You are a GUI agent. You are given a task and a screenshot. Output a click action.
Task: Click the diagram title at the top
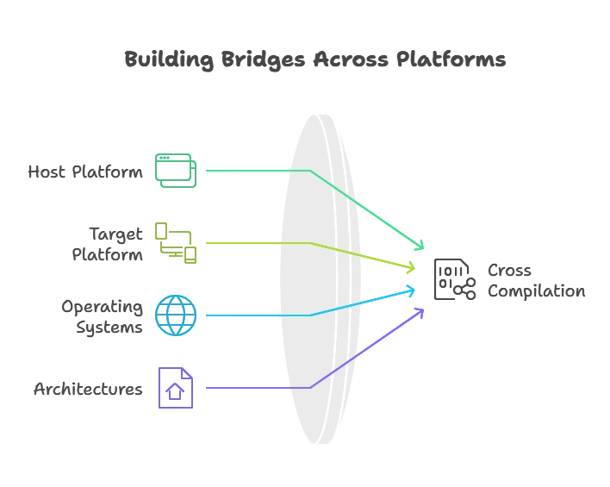(x=315, y=61)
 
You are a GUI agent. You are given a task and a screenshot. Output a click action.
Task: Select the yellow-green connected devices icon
(x=176, y=243)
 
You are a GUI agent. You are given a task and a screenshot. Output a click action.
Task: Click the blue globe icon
(x=176, y=315)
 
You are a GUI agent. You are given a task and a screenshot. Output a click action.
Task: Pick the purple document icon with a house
(x=176, y=389)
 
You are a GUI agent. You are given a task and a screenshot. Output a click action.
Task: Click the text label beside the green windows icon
(x=85, y=171)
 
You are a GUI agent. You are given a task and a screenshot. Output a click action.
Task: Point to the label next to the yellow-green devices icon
(x=107, y=244)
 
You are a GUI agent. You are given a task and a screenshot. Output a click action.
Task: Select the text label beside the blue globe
(x=101, y=316)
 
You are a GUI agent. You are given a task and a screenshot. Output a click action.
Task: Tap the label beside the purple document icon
(x=85, y=390)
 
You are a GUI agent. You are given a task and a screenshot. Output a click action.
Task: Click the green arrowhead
(x=419, y=246)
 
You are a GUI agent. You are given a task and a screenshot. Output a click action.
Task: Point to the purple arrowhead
(x=419, y=312)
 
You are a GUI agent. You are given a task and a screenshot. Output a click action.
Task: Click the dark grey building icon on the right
(x=453, y=279)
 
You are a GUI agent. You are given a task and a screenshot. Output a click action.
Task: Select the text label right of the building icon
(x=533, y=282)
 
